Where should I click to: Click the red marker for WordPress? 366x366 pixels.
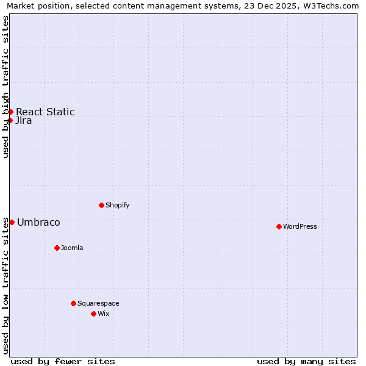[x=279, y=226]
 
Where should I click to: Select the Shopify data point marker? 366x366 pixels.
[x=101, y=205]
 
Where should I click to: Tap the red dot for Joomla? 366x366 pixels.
[x=57, y=248]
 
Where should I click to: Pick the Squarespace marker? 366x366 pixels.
[x=73, y=303]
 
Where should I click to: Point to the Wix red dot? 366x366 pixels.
[x=93, y=314]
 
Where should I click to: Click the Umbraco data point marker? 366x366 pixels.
[x=12, y=222]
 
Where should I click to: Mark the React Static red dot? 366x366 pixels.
[x=10, y=112]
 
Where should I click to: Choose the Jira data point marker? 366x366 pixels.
[x=10, y=120]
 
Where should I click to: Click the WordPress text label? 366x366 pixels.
[x=300, y=226]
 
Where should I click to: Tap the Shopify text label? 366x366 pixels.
[x=118, y=205]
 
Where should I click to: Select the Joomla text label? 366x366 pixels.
[x=72, y=248]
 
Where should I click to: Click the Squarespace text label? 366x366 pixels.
[x=98, y=303]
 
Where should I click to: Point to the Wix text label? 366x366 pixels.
[x=104, y=314]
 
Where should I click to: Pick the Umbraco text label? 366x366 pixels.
[x=38, y=222]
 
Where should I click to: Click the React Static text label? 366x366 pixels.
[x=45, y=112]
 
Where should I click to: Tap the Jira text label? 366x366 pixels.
[x=24, y=120]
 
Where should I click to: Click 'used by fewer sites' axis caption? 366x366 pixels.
[x=63, y=361]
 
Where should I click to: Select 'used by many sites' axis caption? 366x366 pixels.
[x=306, y=361]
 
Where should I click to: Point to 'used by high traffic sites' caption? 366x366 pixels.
[x=6, y=87]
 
